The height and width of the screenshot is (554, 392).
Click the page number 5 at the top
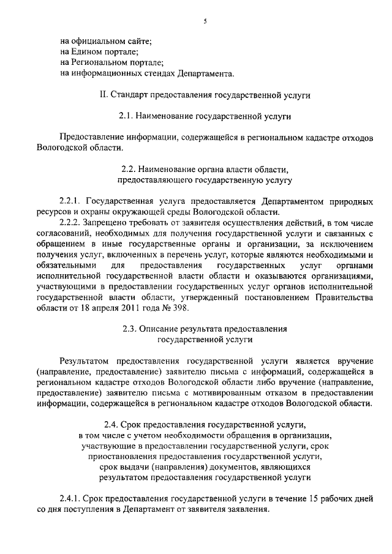click(x=206, y=21)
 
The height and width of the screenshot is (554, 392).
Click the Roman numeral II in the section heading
click(x=102, y=95)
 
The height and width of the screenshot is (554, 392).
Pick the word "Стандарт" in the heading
click(x=129, y=95)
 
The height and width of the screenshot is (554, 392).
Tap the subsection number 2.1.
click(x=126, y=115)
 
